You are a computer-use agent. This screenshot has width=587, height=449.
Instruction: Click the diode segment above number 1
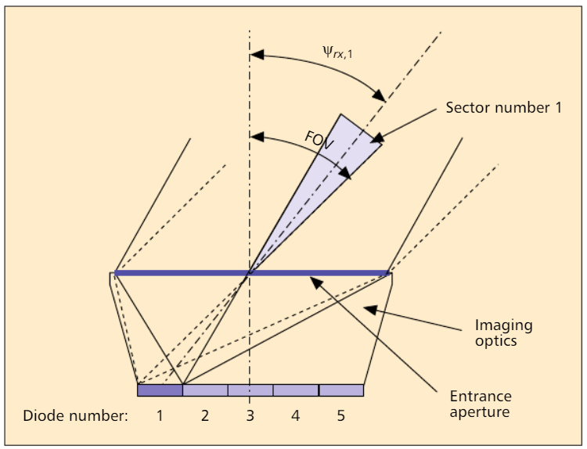pyautogui.click(x=160, y=390)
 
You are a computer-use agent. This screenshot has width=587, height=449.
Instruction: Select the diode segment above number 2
pyautogui.click(x=205, y=390)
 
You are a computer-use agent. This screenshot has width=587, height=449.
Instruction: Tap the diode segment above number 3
pyautogui.click(x=250, y=390)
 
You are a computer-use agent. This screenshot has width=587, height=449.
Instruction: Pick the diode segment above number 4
pyautogui.click(x=296, y=390)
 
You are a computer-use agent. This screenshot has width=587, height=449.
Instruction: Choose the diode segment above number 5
pyautogui.click(x=341, y=390)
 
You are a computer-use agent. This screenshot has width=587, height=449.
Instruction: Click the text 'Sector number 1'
pyautogui.click(x=503, y=108)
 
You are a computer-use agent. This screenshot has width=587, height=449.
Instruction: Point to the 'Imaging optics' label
pyautogui.click(x=503, y=332)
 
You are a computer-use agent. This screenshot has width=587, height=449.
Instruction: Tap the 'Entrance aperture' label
pyautogui.click(x=481, y=404)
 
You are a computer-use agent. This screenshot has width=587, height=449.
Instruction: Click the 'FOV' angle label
pyautogui.click(x=319, y=140)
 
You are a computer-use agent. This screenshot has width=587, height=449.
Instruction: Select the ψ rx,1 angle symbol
pyautogui.click(x=337, y=52)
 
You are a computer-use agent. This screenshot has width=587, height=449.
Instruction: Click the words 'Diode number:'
pyautogui.click(x=75, y=415)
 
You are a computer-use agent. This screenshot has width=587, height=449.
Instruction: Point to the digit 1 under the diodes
pyautogui.click(x=160, y=415)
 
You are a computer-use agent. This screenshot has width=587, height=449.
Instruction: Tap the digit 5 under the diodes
pyautogui.click(x=340, y=415)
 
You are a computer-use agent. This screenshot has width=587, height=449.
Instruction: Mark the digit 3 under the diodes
pyautogui.click(x=250, y=415)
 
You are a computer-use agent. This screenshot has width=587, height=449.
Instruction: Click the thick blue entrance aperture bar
pyautogui.click(x=252, y=273)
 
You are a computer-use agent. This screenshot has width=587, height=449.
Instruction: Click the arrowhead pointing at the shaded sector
pyautogui.click(x=377, y=138)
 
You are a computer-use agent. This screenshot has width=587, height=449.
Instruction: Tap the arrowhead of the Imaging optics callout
pyautogui.click(x=370, y=310)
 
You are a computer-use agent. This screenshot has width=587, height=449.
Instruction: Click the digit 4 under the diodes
pyautogui.click(x=295, y=415)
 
